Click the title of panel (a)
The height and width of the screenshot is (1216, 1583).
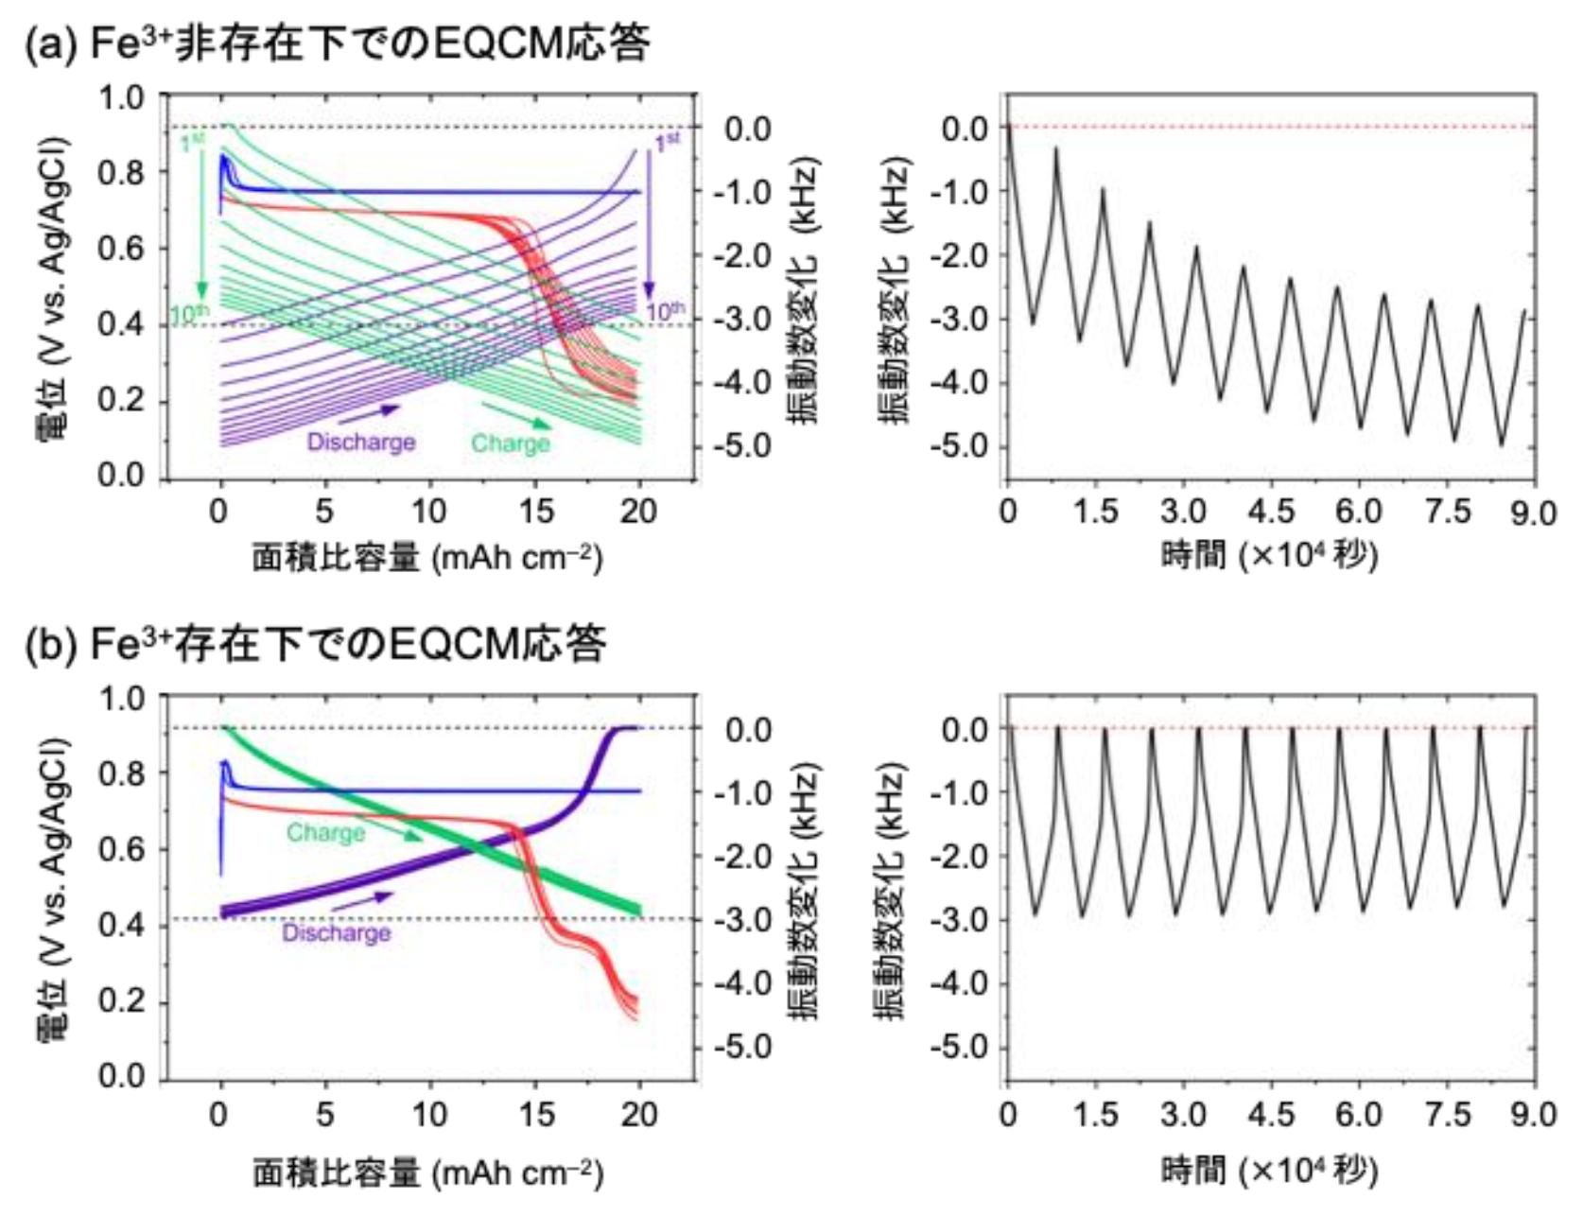337,43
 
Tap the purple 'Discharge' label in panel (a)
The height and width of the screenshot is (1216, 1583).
361,443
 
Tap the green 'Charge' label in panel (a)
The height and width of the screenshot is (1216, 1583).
511,443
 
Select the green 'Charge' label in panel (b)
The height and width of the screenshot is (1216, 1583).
325,833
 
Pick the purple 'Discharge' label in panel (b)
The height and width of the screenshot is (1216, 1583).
336,933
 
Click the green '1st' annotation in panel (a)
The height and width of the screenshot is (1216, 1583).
193,143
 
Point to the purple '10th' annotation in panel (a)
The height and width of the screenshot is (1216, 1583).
665,311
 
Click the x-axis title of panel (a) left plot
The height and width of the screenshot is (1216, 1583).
427,558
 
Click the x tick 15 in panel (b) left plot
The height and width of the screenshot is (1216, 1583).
536,1115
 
